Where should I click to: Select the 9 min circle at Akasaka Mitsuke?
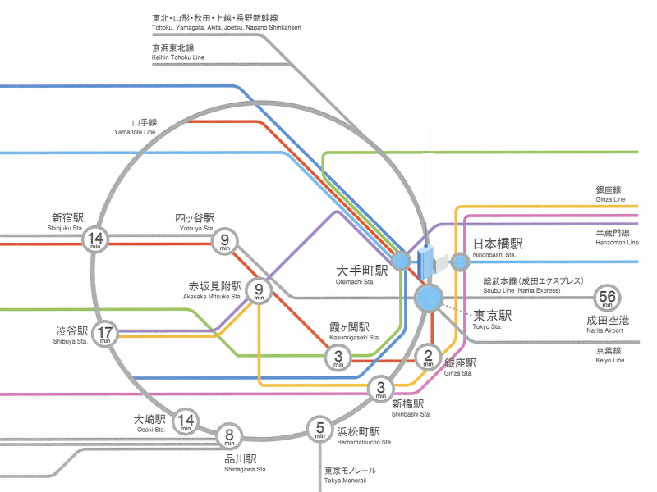coord(259,290)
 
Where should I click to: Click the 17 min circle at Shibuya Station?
coord(105,334)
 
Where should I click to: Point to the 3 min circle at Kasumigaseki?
coord(338,358)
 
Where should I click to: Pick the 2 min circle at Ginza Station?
coord(428,357)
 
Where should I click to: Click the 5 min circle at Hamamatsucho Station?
coord(319,428)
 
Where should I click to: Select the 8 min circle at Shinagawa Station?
coord(230,436)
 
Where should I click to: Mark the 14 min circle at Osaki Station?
coord(186,421)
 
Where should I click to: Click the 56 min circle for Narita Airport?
coord(608,298)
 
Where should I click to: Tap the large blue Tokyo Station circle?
coord(429,298)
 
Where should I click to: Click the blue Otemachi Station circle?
coord(400,261)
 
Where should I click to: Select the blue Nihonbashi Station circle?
coord(460,262)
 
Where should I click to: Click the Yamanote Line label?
coord(136,127)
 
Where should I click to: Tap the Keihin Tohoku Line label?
coord(177,52)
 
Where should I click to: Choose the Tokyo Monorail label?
coord(350,475)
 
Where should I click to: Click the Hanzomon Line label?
coord(616,238)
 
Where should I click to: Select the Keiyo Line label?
coord(609,355)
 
